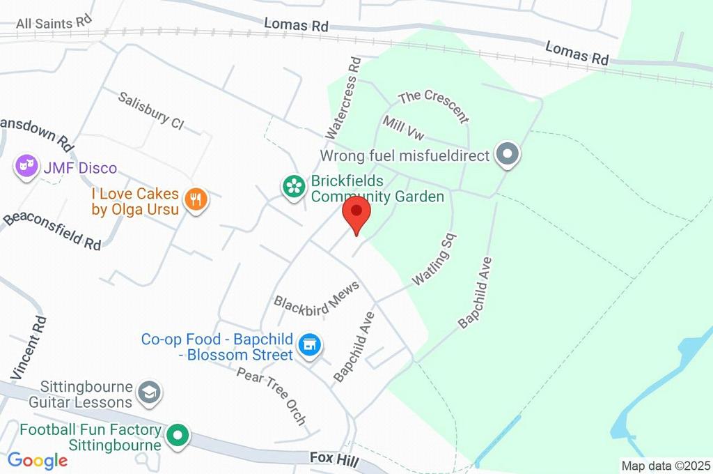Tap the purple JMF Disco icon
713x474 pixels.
(26, 167)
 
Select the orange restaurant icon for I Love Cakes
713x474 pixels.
(197, 200)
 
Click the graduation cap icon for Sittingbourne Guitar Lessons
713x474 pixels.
(148, 394)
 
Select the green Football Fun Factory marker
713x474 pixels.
(179, 436)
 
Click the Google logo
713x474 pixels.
(38, 460)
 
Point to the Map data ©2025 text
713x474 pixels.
(666, 465)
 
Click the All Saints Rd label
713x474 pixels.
(54, 23)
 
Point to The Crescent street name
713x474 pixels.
(432, 105)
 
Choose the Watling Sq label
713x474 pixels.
(434, 259)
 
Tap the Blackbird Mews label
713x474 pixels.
(317, 298)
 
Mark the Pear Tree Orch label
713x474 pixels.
(272, 397)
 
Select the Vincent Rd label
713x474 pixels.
(30, 348)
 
